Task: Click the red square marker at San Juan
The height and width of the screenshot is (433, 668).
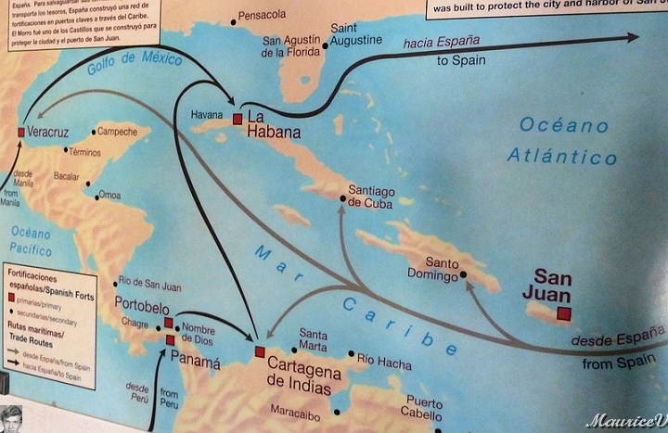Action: pyautogui.click(x=563, y=313)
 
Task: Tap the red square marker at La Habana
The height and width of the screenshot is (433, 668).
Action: pyautogui.click(x=238, y=118)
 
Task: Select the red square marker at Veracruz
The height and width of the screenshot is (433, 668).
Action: pyautogui.click(x=21, y=133)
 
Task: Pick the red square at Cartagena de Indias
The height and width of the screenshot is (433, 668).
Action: pyautogui.click(x=260, y=351)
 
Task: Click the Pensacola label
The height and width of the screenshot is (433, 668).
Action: pyautogui.click(x=263, y=16)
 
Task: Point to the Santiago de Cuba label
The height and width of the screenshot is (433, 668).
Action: pyautogui.click(x=371, y=197)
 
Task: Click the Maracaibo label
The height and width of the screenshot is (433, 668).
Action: pyautogui.click(x=296, y=408)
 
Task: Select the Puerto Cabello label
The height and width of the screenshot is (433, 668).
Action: pyautogui.click(x=424, y=409)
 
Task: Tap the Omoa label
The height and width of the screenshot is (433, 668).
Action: pyautogui.click(x=109, y=195)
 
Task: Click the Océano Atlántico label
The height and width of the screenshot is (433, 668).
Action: pyautogui.click(x=562, y=140)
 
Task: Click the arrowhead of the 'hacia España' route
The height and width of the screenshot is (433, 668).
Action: pyautogui.click(x=634, y=37)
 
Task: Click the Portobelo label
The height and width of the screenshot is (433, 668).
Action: pyautogui.click(x=142, y=305)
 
